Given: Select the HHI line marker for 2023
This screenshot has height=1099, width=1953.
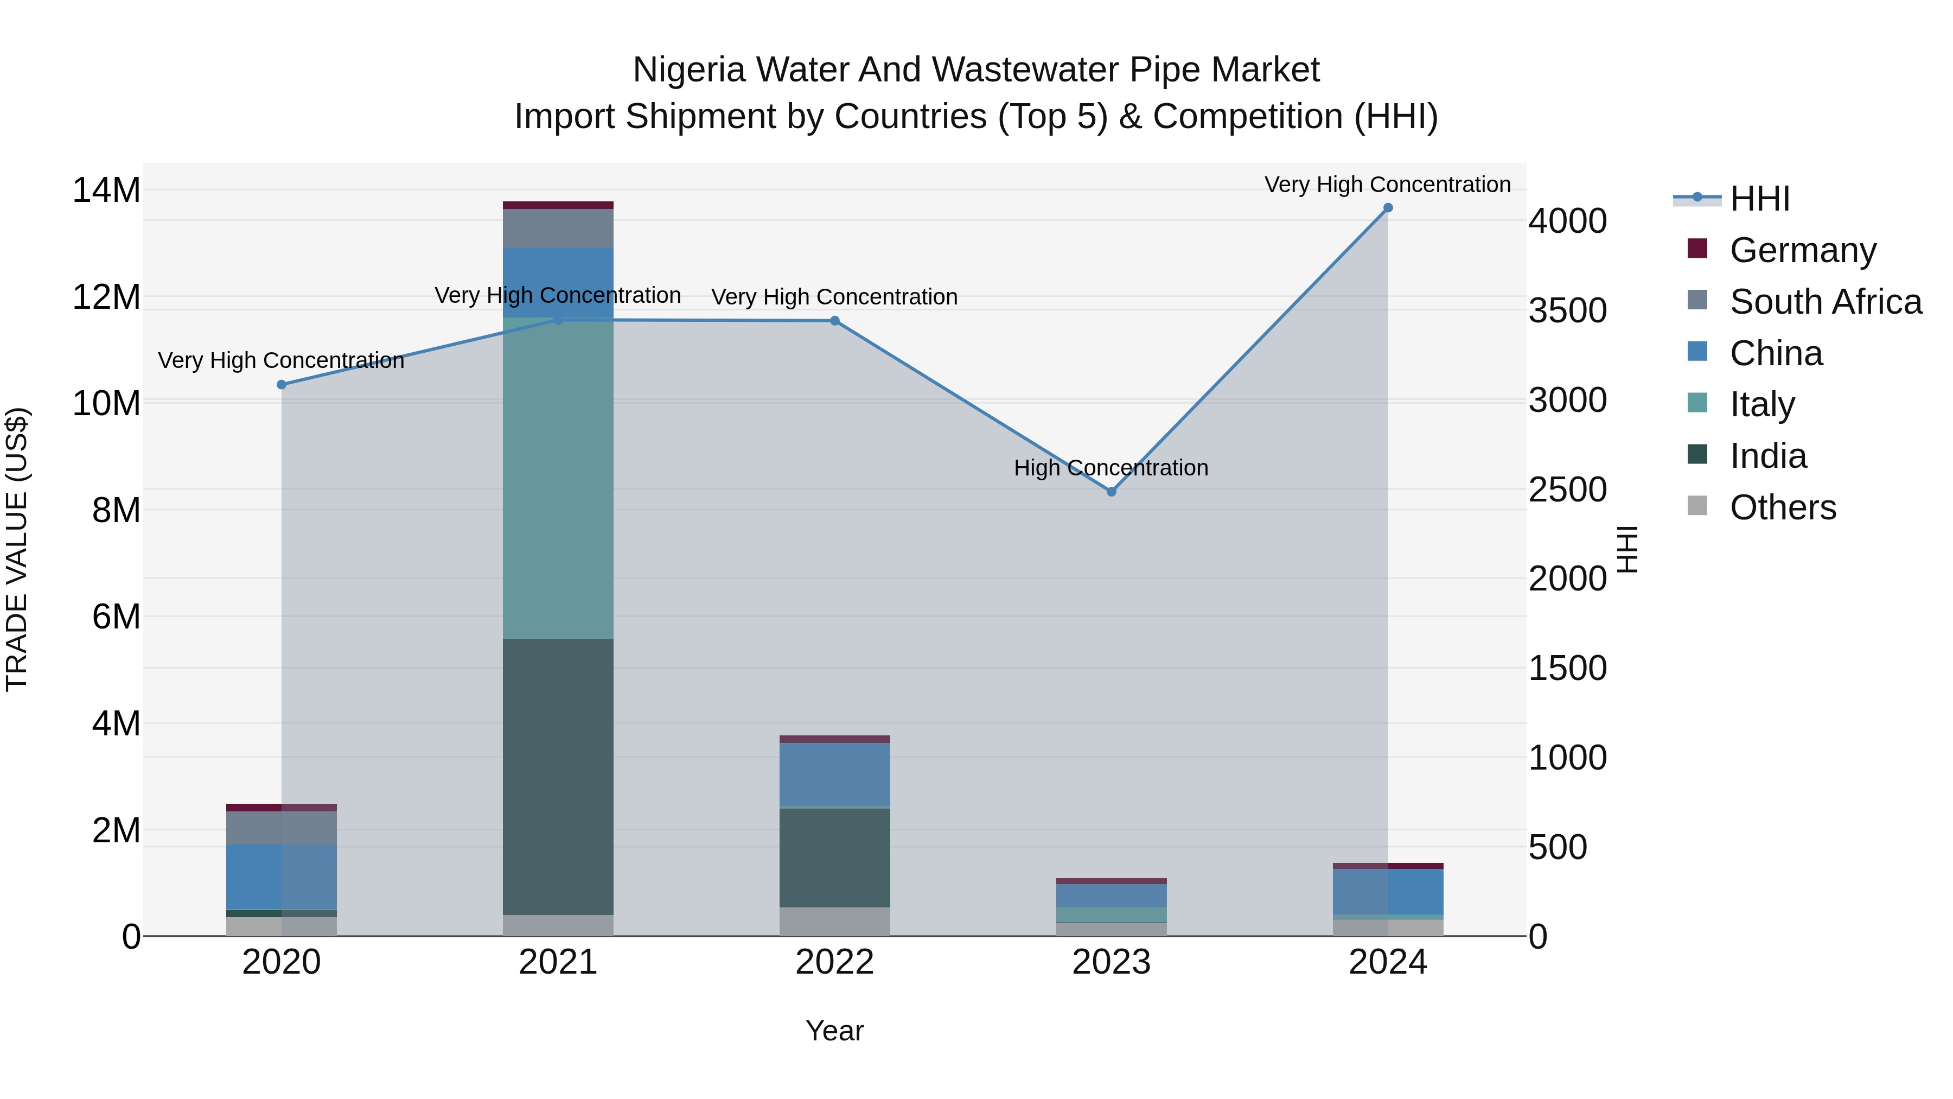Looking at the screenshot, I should coord(1112,492).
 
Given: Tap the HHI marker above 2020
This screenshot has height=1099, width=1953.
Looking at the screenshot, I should coord(281,385).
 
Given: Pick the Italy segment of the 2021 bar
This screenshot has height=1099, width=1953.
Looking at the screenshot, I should coord(558,478).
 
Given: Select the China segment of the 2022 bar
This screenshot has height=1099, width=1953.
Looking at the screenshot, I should coord(835,773).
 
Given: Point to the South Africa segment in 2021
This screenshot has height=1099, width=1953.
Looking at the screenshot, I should coord(558,228).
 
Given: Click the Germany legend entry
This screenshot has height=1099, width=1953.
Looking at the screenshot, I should coord(1802,250).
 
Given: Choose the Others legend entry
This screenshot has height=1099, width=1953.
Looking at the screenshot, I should coord(1783,507).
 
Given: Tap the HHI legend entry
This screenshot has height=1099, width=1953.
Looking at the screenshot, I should coord(1759,199).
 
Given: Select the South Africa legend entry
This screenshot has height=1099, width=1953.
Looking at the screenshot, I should coord(1825,302).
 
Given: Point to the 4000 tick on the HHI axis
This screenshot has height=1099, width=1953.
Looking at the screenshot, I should coord(1567,221).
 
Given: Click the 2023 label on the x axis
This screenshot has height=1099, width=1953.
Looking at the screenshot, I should coord(1112,962).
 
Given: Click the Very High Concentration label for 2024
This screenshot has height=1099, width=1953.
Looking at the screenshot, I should coord(1387,185).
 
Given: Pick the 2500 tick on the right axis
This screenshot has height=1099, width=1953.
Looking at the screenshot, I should coord(1567,490).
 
